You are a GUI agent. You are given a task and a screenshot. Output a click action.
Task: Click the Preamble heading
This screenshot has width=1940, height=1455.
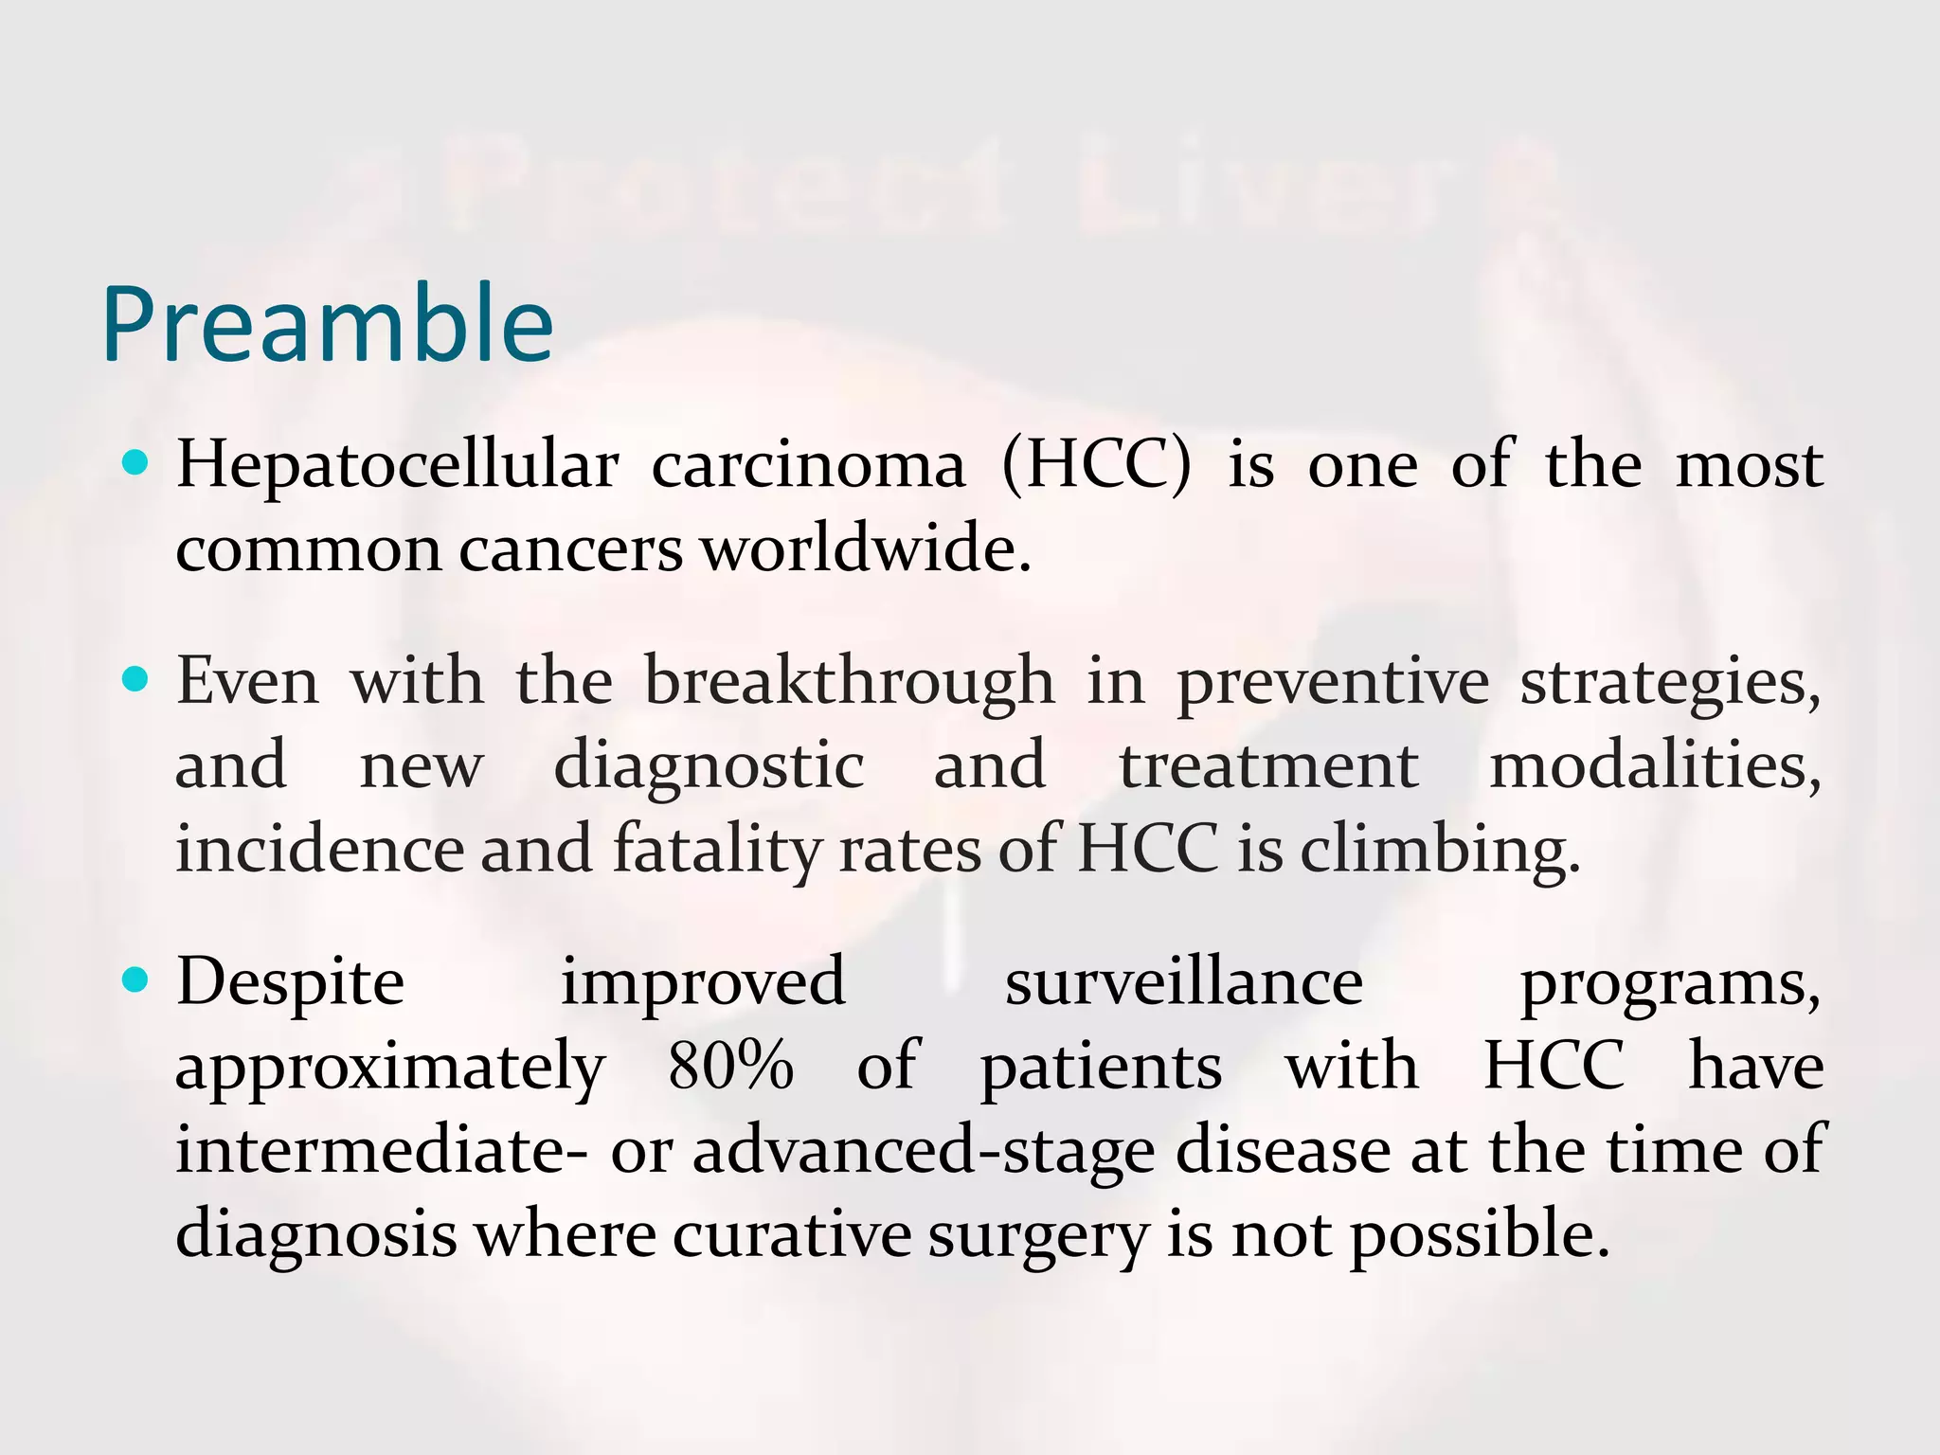(327, 325)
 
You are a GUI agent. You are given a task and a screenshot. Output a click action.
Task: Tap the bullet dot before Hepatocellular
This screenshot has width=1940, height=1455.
(137, 463)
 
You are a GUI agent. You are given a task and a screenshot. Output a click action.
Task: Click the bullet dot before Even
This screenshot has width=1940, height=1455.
(137, 679)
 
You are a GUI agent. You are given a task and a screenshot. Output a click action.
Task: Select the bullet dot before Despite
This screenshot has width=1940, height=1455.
(137, 981)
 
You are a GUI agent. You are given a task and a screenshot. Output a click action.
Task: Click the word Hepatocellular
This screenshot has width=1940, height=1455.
(398, 466)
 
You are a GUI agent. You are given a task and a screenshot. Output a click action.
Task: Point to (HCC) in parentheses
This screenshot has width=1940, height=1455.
(1096, 466)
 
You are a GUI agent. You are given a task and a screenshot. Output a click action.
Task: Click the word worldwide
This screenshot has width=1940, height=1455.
(865, 549)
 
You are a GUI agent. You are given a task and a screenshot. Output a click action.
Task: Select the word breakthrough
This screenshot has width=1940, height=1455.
(849, 682)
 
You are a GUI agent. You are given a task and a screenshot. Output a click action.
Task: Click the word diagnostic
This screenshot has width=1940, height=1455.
(709, 767)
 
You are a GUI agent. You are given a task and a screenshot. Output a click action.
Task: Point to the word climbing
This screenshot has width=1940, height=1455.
(1440, 851)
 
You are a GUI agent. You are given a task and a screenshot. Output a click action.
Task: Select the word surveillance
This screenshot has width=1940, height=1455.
(1184, 983)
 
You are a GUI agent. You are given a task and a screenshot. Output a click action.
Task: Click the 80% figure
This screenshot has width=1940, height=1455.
(730, 1066)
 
